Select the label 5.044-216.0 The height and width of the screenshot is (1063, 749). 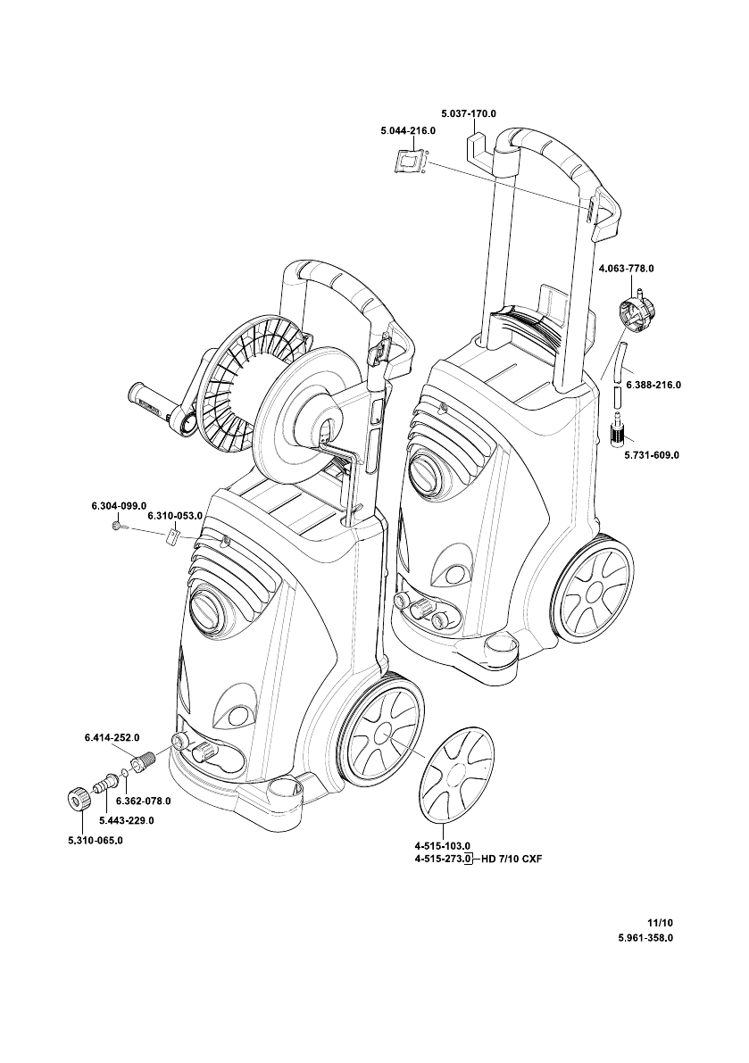tap(408, 131)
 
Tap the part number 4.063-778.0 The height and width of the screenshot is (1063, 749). tap(627, 269)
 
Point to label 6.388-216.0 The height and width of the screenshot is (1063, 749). tap(653, 385)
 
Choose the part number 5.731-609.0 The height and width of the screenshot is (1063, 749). tap(652, 455)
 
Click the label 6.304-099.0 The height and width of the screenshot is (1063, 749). tap(119, 506)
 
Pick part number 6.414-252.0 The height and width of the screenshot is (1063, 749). tap(112, 737)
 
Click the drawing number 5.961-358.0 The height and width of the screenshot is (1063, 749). tap(645, 938)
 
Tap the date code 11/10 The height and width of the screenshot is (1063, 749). tap(661, 923)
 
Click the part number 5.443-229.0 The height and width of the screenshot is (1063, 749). tap(126, 820)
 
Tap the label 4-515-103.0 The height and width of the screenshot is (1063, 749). tap(443, 845)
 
